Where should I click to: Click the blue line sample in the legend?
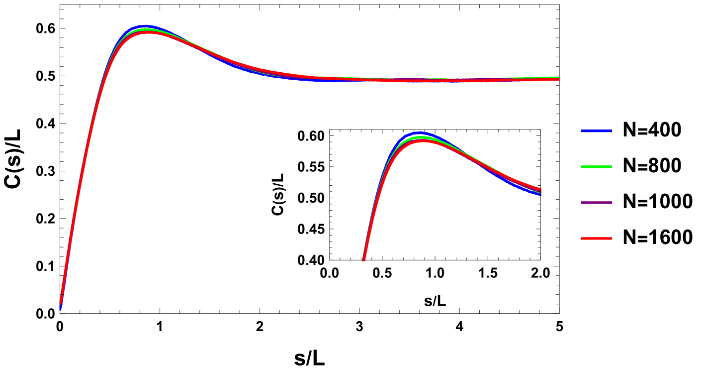(596, 131)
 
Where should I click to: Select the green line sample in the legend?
(596, 167)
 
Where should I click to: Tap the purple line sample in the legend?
(596, 203)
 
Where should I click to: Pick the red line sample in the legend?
(596, 239)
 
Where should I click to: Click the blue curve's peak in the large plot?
(145, 26)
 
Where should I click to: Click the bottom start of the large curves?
(61, 305)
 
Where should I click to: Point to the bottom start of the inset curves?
(364, 259)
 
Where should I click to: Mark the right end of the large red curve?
(558, 80)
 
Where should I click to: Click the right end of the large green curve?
(558, 77)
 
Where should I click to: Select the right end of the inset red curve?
(540, 190)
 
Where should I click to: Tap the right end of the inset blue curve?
(540, 194)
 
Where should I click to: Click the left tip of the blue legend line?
(581, 131)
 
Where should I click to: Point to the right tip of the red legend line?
(612, 239)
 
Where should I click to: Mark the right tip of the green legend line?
(612, 167)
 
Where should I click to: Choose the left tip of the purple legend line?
(581, 203)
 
